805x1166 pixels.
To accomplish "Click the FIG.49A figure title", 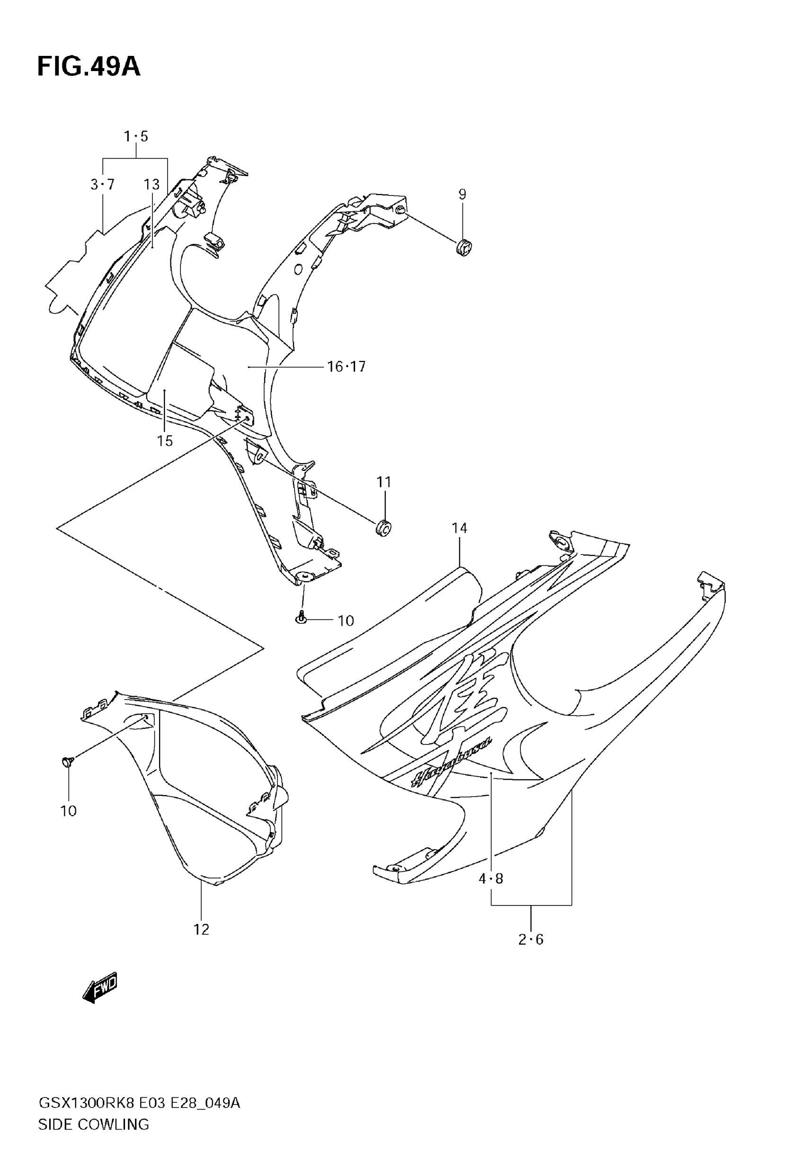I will (89, 67).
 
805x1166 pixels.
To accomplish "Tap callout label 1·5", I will (136, 137).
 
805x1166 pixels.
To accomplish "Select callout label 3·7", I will (102, 185).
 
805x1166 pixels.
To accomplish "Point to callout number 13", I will (152, 185).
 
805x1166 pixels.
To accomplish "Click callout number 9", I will (462, 194).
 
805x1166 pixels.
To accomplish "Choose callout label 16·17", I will (346, 367).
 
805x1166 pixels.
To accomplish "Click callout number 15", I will (164, 441).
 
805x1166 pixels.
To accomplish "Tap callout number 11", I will (384, 482).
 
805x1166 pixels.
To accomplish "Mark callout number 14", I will (459, 528).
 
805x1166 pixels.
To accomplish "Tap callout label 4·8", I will (491, 879).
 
